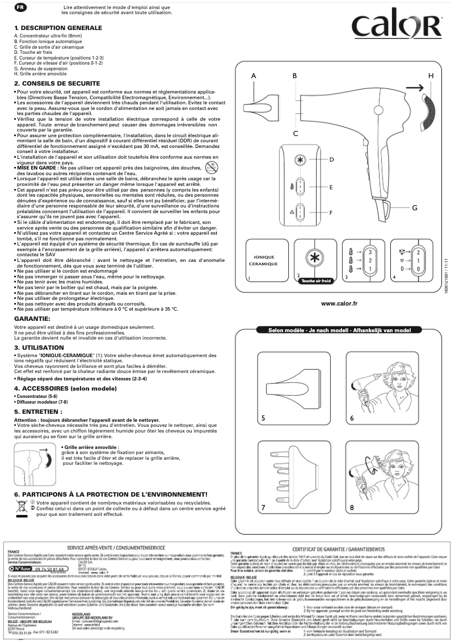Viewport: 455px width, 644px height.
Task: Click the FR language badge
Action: pos(20,7)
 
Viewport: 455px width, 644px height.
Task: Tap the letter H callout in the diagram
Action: pos(431,75)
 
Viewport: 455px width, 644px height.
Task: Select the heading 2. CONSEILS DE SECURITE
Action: pos(57,83)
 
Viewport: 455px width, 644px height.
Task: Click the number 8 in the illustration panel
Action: pos(351,507)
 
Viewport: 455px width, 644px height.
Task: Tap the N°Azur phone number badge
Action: pos(40,567)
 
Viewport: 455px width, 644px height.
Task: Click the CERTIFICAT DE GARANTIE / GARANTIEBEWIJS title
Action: pos(340,549)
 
